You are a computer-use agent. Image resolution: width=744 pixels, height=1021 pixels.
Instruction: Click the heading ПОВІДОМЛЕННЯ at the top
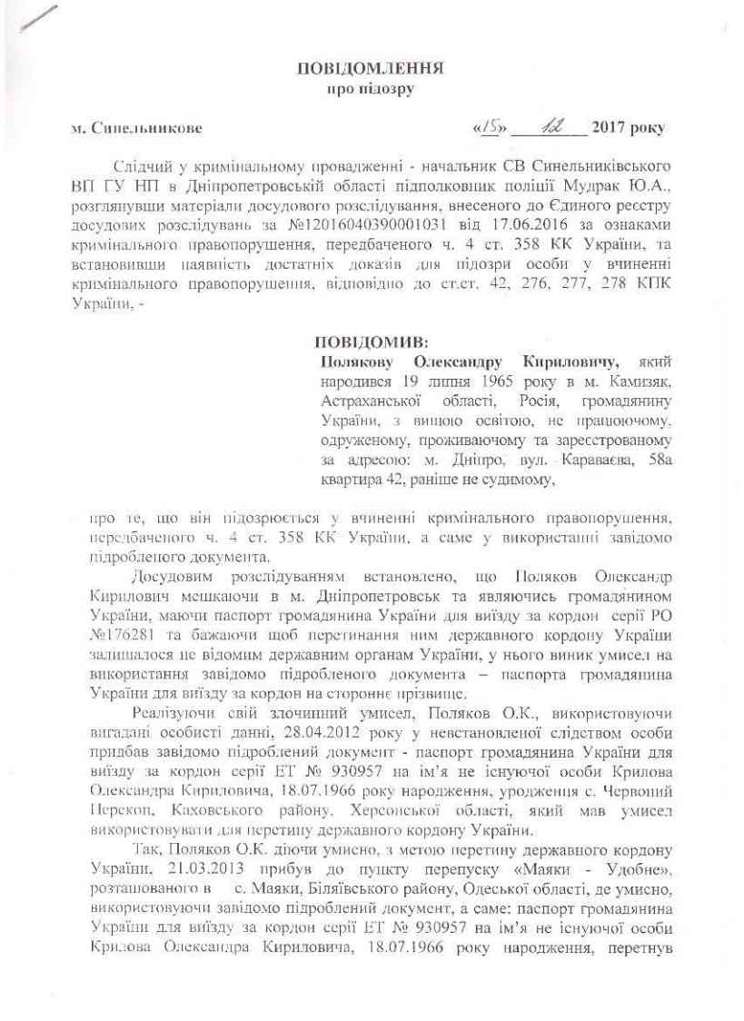coord(371,69)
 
